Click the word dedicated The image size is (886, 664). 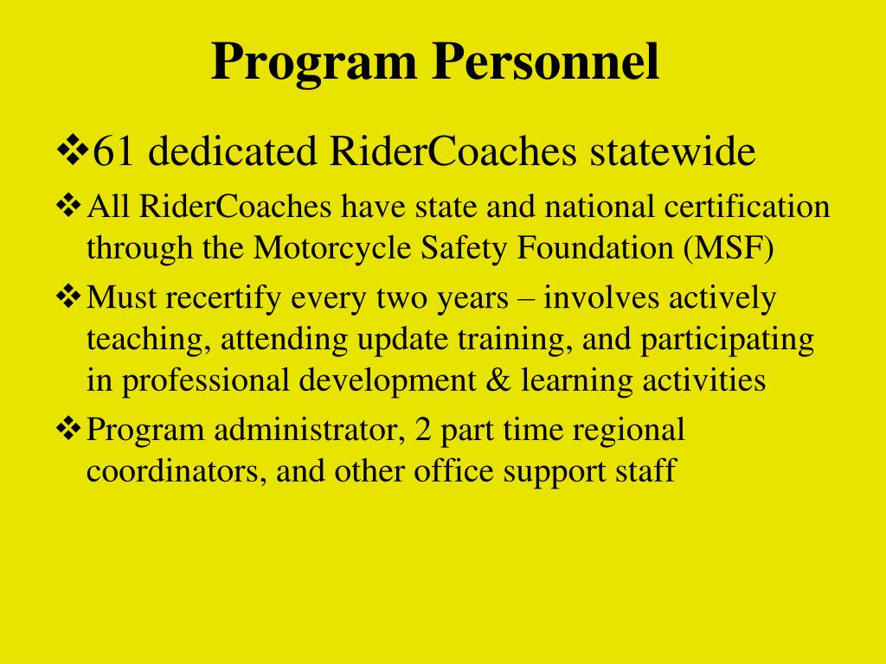click(x=229, y=153)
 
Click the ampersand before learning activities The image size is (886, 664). click(x=498, y=381)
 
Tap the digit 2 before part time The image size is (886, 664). click(x=423, y=430)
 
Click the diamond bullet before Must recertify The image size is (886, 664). click(x=67, y=297)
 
